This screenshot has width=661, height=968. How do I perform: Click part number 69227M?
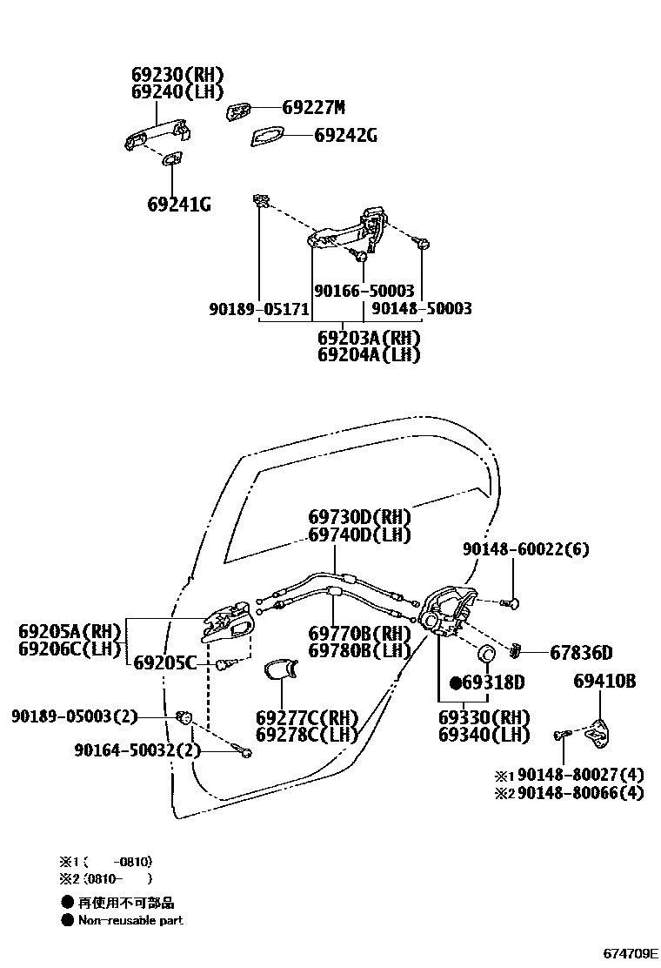coord(313,108)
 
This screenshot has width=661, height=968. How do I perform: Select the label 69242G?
coord(345,136)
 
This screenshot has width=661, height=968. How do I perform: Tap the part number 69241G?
coord(178,205)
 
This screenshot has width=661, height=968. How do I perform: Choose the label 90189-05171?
coord(259,309)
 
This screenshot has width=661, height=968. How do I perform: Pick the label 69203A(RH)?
coord(369,338)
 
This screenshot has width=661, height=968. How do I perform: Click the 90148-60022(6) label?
coord(525,549)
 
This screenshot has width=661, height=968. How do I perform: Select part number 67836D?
coord(581,653)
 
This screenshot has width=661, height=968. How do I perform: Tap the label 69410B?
coord(604,681)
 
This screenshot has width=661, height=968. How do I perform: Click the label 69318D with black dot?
coord(487,682)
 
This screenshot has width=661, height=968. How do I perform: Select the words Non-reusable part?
coord(130,920)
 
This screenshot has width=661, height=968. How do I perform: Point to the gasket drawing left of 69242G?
coord(267,137)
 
